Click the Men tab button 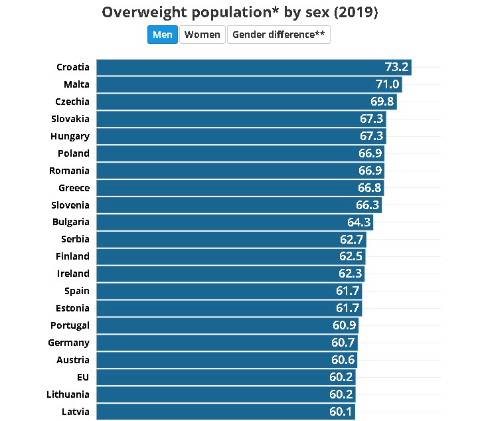[163, 35]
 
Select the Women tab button [202, 35]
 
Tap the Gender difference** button [278, 35]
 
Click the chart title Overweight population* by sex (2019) [240, 13]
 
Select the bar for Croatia [254, 67]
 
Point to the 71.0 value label [388, 84]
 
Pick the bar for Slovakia [241, 119]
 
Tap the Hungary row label [70, 136]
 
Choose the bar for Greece [240, 188]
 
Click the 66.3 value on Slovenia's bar [368, 205]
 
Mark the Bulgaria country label [71, 222]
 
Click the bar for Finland [231, 256]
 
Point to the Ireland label [73, 274]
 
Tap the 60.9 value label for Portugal [345, 325]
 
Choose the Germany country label [68, 343]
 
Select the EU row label [82, 377]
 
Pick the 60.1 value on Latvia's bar [341, 412]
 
